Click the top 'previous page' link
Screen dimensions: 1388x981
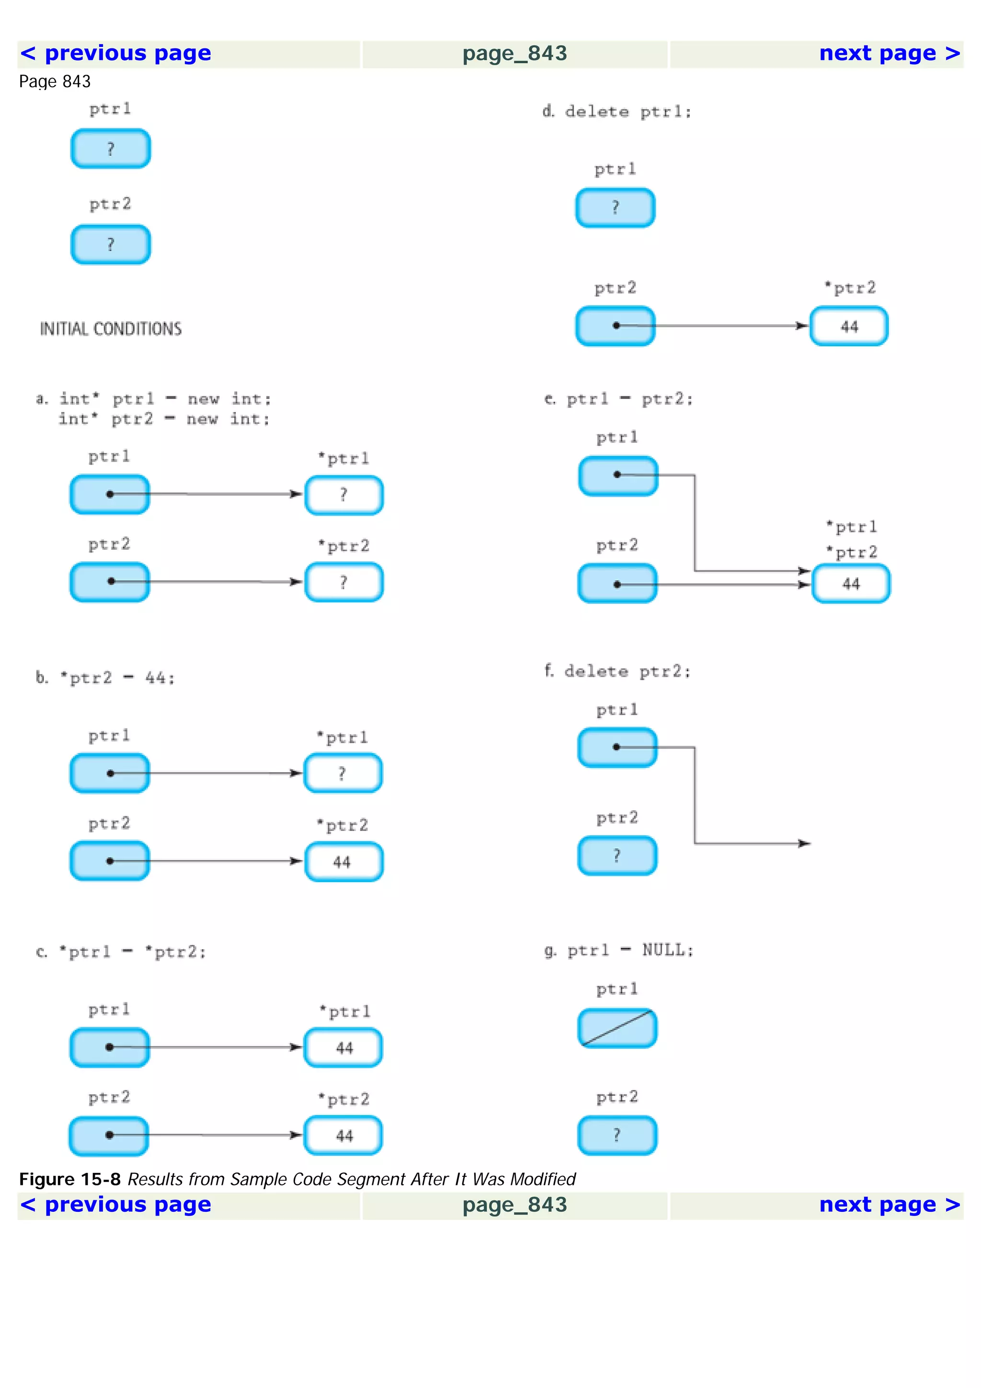(116, 54)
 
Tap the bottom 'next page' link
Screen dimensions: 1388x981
(889, 1205)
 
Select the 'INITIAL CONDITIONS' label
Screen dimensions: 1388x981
(111, 329)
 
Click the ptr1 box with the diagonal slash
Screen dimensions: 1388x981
(617, 1028)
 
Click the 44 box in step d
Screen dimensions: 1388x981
(849, 327)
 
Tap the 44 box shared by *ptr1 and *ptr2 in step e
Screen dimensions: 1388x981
(850, 583)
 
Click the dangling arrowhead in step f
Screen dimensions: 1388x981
(805, 843)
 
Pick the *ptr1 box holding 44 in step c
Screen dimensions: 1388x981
(343, 1047)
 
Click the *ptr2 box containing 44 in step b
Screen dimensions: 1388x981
(343, 862)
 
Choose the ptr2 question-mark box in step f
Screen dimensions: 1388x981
(617, 855)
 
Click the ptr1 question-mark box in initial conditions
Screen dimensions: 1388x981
(111, 148)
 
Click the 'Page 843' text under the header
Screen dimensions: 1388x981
(55, 81)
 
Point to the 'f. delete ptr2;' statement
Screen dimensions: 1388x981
(617, 671)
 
